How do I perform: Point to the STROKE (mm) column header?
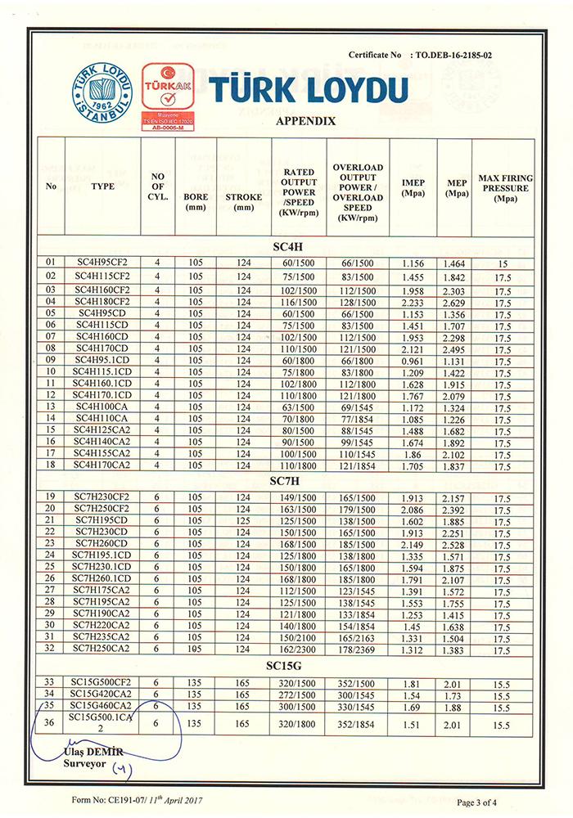pyautogui.click(x=243, y=201)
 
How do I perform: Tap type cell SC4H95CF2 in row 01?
pyautogui.click(x=102, y=263)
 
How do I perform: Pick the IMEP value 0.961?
pyautogui.click(x=413, y=359)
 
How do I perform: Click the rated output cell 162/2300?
pyautogui.click(x=300, y=649)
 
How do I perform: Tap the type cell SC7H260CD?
pyautogui.click(x=102, y=543)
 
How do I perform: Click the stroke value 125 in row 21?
pyautogui.click(x=243, y=520)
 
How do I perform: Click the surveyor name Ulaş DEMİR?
pyautogui.click(x=91, y=752)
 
